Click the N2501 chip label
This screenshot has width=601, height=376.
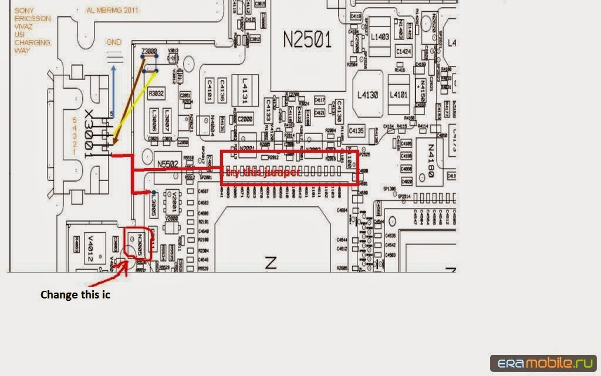tap(308, 40)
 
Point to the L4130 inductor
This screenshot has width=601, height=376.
tap(368, 94)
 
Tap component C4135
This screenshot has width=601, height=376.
tap(356, 130)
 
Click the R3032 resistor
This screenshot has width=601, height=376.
tap(156, 93)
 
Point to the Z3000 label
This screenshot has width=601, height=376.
tap(149, 52)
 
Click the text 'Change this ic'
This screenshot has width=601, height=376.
tap(75, 295)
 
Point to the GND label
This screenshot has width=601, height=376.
tap(114, 42)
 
